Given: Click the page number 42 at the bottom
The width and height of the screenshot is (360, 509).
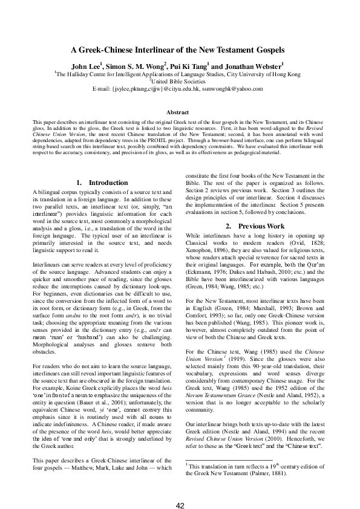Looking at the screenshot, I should [180, 488].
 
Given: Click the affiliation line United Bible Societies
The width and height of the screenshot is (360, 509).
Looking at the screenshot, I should [180, 81].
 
